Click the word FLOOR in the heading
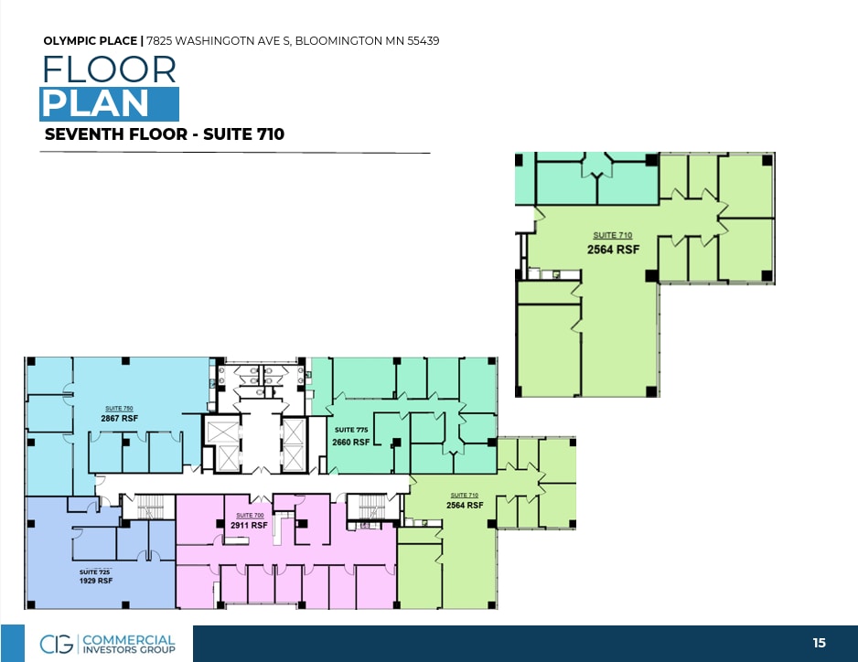click(x=109, y=69)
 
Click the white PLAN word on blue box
click(x=95, y=103)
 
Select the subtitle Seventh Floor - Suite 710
click(x=164, y=134)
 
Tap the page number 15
click(x=819, y=643)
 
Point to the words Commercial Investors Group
click(x=129, y=644)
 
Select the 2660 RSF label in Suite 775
click(x=351, y=442)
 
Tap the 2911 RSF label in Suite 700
click(x=249, y=526)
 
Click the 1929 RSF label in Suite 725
click(x=94, y=581)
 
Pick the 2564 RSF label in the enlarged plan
click(x=613, y=249)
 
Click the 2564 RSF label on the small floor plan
click(x=465, y=505)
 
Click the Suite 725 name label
click(x=94, y=571)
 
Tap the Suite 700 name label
click(x=250, y=516)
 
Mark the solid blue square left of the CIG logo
click(x=12, y=644)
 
